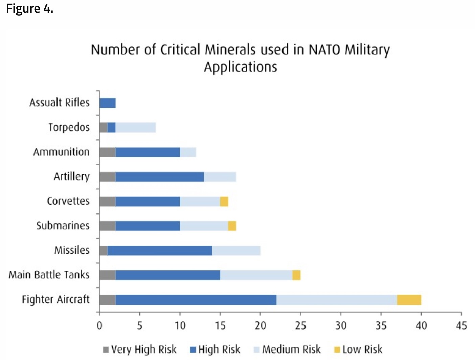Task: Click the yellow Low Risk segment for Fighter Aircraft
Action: [x=409, y=300]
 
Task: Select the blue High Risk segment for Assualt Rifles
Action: [x=108, y=103]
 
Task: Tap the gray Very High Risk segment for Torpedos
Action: [x=104, y=128]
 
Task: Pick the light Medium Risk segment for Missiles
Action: [x=236, y=251]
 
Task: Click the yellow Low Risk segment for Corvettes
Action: [x=224, y=201]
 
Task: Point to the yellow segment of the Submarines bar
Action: [x=232, y=226]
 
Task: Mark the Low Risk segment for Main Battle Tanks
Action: [x=296, y=275]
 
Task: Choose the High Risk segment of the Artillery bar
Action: [x=160, y=177]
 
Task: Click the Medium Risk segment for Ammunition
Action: [x=188, y=152]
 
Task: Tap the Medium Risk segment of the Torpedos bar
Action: [x=135, y=128]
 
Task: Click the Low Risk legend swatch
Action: [x=337, y=350]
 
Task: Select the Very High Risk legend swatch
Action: [x=106, y=350]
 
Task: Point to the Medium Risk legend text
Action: [x=291, y=349]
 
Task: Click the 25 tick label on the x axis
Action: [x=300, y=325]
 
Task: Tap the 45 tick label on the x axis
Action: [x=461, y=325]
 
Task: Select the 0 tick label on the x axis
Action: [x=99, y=325]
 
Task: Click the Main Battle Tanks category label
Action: [x=49, y=275]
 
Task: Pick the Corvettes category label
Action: [x=68, y=201]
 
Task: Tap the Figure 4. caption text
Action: [x=30, y=8]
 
